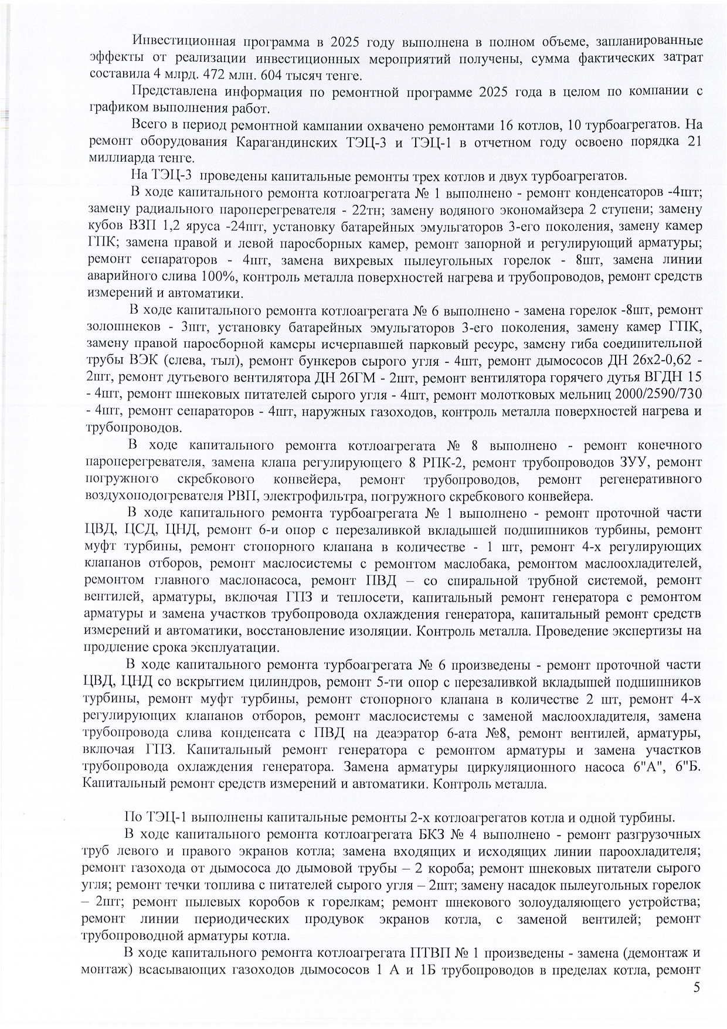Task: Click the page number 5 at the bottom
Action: click(696, 987)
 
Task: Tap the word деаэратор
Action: click(409, 733)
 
